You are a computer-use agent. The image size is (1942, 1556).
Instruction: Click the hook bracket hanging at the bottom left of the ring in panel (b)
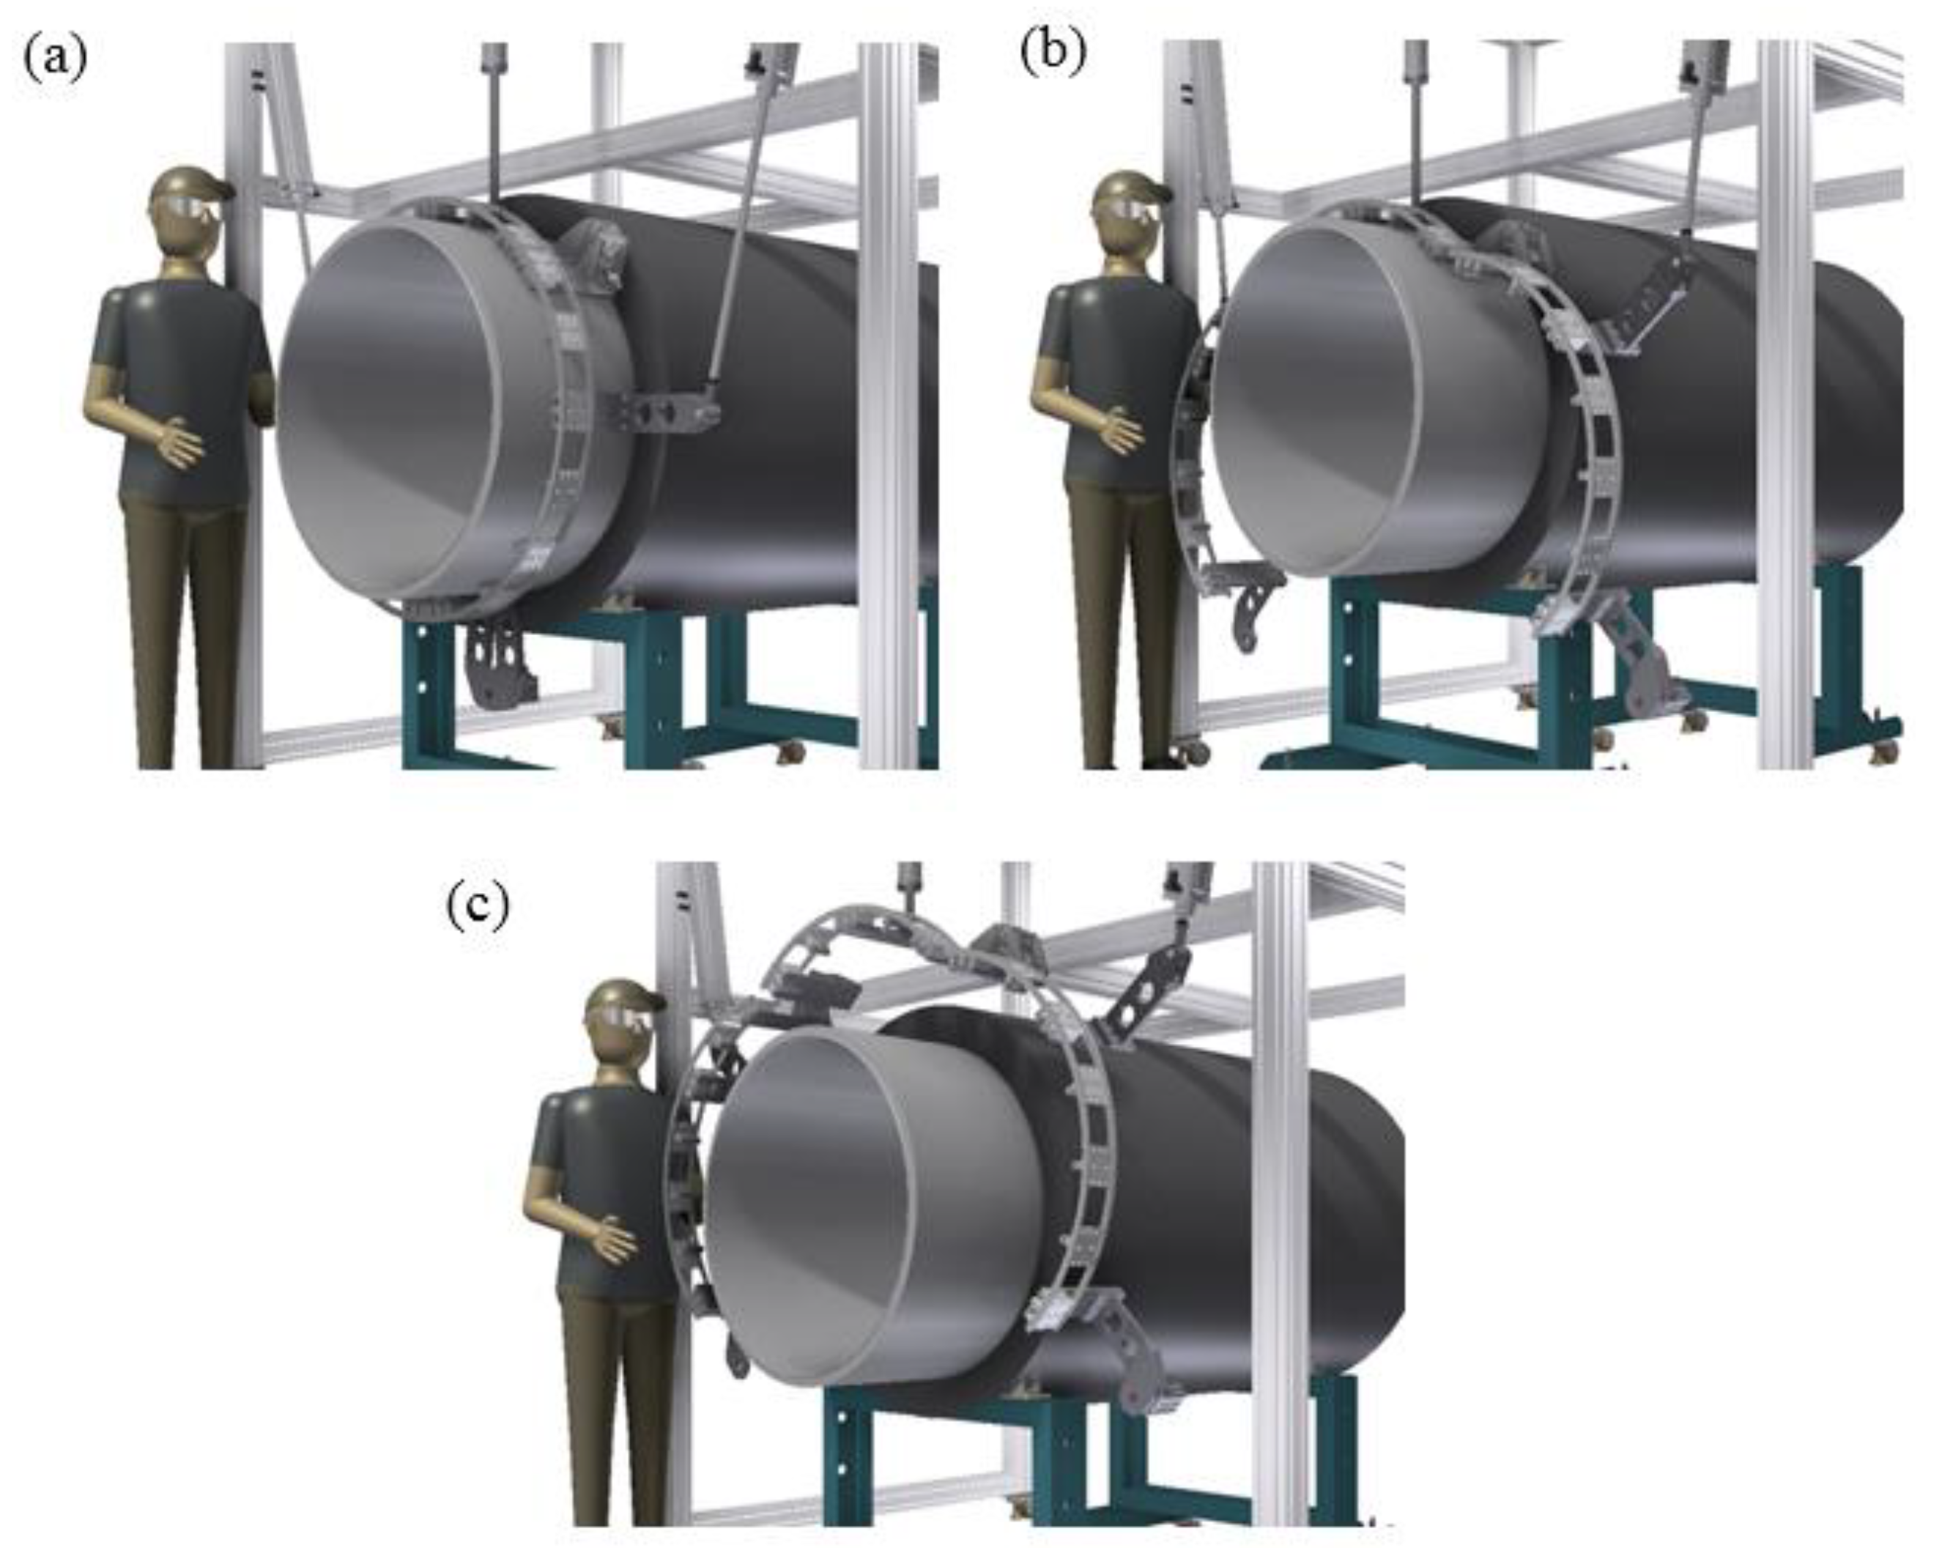[1248, 599]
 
